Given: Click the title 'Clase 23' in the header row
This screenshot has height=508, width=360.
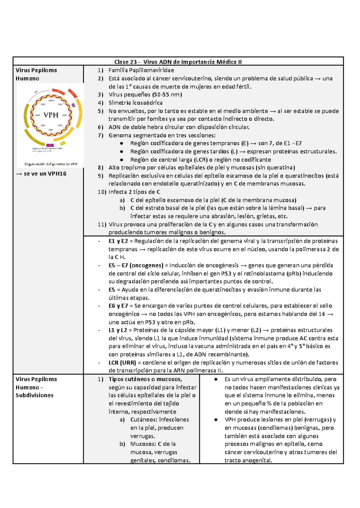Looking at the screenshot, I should (x=125, y=62).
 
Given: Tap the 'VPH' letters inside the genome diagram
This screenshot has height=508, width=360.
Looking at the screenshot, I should (x=51, y=115).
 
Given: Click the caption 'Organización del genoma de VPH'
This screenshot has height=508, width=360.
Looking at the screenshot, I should (x=51, y=164).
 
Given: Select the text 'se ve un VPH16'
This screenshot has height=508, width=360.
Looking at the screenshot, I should (x=45, y=174).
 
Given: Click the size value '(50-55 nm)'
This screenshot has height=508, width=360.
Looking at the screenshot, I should (x=167, y=94).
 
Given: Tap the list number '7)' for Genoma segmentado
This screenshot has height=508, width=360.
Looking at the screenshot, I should (x=100, y=135).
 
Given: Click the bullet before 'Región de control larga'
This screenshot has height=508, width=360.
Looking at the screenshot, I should (x=121, y=160).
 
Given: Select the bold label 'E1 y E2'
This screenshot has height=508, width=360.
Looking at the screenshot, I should (x=118, y=241).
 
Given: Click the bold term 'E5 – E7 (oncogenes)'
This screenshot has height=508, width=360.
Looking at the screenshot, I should (x=136, y=265).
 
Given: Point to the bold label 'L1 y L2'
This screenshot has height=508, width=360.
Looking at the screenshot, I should (x=118, y=330).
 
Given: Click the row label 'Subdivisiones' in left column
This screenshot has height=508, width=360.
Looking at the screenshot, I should (x=34, y=395).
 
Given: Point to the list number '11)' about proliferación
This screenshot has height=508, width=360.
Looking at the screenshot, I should (x=102, y=224).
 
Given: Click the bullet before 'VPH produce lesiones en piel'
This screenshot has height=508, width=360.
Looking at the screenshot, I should (x=216, y=420).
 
